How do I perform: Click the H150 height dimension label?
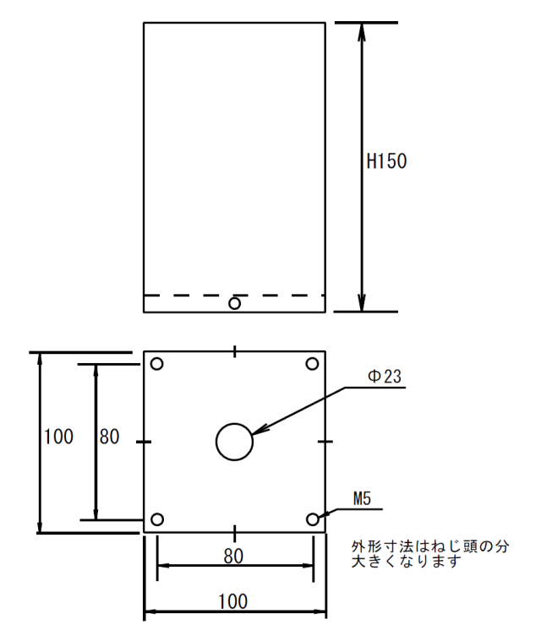tap(386, 161)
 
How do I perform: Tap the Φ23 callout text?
tap(385, 377)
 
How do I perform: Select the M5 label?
tap(362, 499)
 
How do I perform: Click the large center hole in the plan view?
tap(234, 423)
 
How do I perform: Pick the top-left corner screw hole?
tap(157, 358)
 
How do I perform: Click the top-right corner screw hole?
tap(312, 358)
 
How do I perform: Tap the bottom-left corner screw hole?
tap(157, 513)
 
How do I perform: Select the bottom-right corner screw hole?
tap(313, 513)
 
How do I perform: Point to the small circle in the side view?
tap(234, 298)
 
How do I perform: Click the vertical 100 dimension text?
tap(58, 437)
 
